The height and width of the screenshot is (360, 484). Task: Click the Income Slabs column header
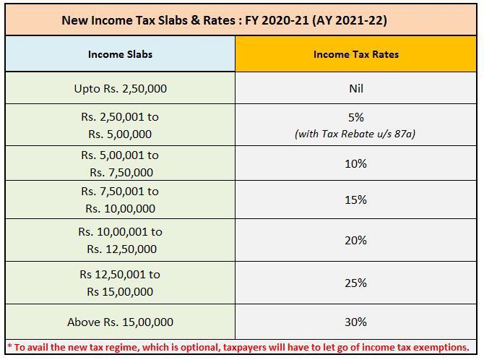(x=120, y=54)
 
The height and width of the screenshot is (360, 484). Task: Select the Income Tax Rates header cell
(x=355, y=54)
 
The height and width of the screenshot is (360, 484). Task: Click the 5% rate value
(x=355, y=116)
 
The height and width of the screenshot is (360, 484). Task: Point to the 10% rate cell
(x=355, y=163)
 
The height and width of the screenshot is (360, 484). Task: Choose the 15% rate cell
(x=355, y=200)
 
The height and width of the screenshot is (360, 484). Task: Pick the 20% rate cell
(x=355, y=241)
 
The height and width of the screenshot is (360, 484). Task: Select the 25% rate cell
(x=355, y=283)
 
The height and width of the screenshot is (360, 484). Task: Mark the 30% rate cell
(x=355, y=322)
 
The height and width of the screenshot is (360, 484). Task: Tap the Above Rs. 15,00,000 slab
(x=120, y=322)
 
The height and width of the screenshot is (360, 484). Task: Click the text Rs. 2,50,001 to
(x=120, y=116)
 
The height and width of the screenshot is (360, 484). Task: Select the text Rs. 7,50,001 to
(x=120, y=192)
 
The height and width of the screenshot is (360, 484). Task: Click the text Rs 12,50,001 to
(x=120, y=275)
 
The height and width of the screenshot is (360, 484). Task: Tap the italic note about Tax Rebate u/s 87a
(x=355, y=134)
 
